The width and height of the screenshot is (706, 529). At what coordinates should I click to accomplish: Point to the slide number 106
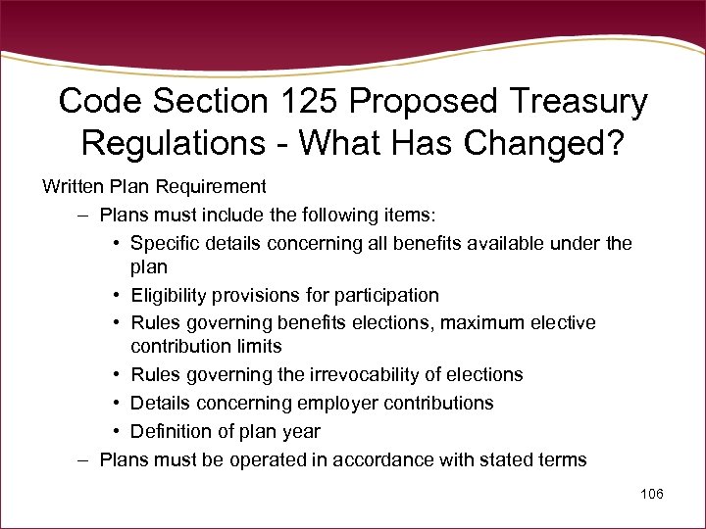pyautogui.click(x=651, y=494)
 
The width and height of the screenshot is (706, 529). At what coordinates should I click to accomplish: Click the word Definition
pyautogui.click(x=171, y=431)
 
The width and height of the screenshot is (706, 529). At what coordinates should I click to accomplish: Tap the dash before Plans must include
pyautogui.click(x=85, y=215)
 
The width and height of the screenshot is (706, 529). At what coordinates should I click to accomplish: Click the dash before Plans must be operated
pyautogui.click(x=85, y=459)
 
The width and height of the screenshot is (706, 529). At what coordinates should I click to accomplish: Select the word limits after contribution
pyautogui.click(x=259, y=346)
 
